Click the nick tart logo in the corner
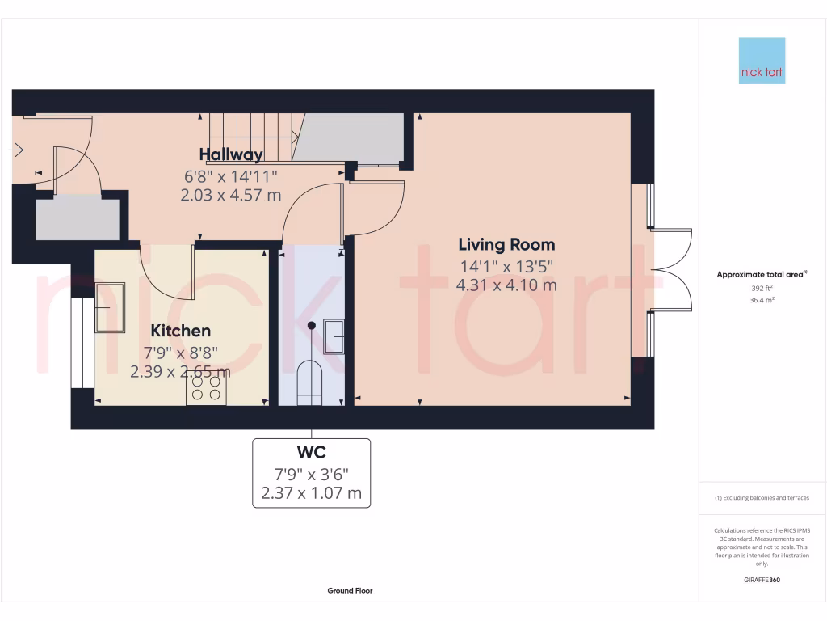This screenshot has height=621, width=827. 762,61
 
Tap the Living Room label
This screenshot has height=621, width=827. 506,244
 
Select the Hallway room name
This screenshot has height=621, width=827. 231,154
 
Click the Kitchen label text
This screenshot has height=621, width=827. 181,330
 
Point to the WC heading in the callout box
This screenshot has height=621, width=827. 312,452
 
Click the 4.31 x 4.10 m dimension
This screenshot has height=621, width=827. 506,285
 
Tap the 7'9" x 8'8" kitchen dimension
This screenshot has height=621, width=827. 181,352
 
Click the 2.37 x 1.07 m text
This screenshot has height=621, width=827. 312,493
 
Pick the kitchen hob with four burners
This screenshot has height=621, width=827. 207,390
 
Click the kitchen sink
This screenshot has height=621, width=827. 110,307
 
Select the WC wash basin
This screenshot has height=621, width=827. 334,336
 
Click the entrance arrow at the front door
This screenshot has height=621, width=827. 16,150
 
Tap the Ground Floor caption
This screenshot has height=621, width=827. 350,591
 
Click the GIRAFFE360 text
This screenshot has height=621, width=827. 762,580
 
